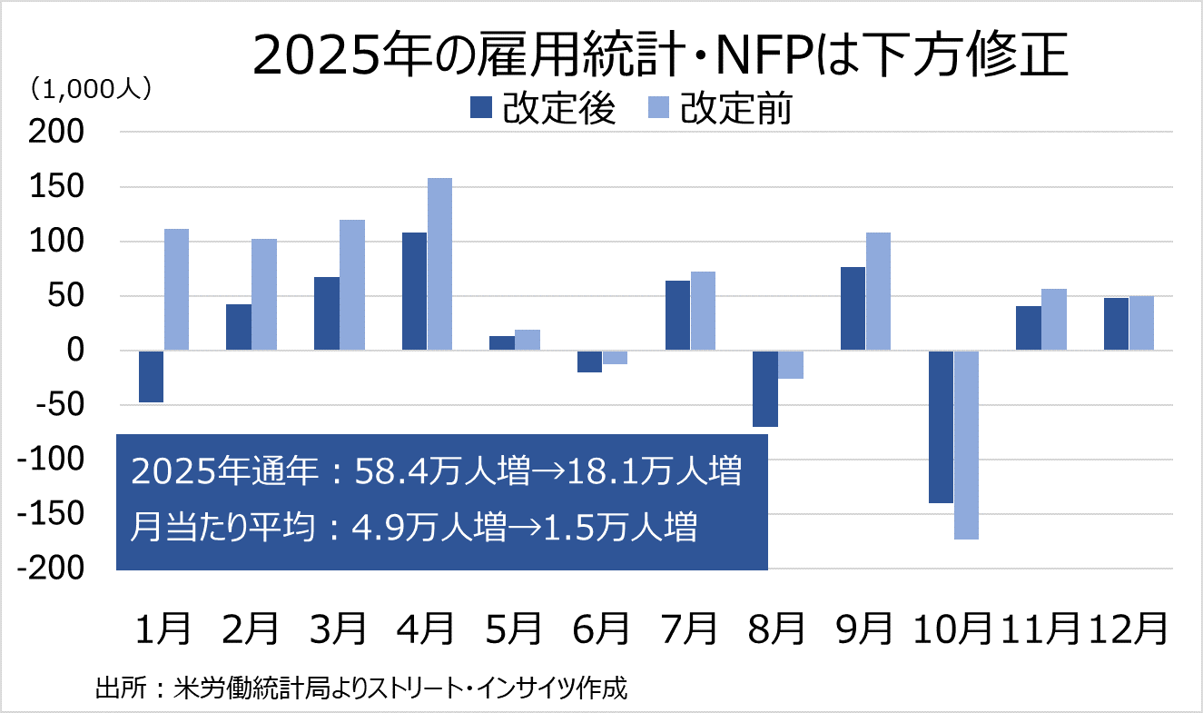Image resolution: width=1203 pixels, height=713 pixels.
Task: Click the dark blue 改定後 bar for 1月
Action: coord(152,376)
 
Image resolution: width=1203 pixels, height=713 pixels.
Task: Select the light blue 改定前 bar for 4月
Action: coord(439,263)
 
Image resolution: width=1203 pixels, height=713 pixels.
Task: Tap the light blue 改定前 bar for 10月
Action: coord(966,444)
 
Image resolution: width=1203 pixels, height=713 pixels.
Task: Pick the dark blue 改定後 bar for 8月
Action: coord(765,388)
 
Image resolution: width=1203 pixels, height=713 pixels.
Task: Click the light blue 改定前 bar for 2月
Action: coord(263,294)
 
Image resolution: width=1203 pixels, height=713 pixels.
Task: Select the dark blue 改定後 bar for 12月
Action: coord(1116,323)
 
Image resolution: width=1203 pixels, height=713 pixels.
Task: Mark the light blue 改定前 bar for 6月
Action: coord(615,357)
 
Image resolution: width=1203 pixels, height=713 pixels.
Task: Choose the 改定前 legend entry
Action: coord(719,109)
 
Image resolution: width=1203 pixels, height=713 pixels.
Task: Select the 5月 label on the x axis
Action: coord(515,629)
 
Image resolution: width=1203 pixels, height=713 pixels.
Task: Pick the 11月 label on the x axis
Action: coord(1041,629)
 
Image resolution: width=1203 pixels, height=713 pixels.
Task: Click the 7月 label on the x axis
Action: coord(690,629)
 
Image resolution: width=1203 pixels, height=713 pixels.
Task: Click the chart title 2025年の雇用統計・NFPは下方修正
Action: coord(659,57)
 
